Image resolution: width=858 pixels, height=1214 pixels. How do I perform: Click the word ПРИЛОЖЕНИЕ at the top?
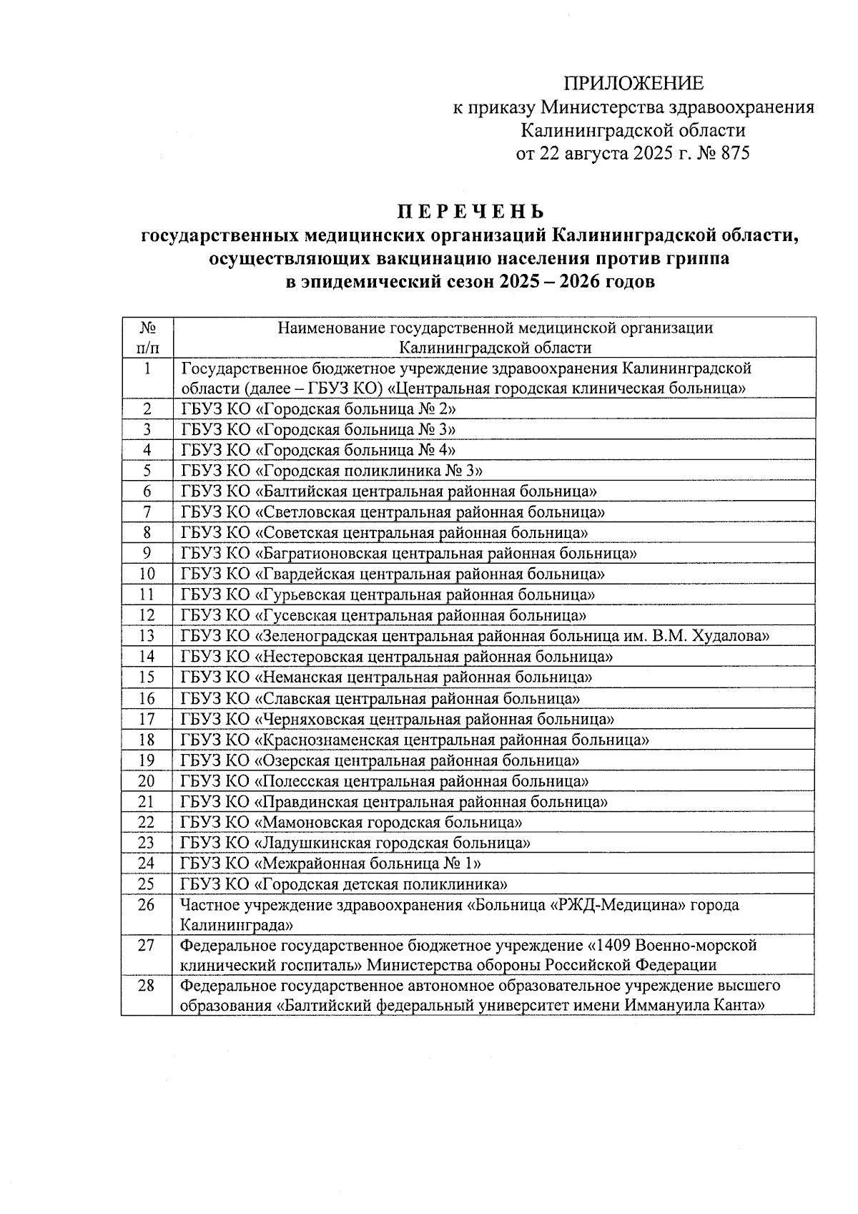[x=633, y=84]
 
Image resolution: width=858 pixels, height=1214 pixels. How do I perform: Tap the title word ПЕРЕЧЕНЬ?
[x=470, y=212]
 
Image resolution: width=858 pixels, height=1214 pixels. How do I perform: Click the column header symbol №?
[x=147, y=328]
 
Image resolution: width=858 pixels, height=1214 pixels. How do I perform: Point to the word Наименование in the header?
[x=332, y=328]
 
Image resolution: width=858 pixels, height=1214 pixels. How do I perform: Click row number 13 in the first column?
[x=147, y=636]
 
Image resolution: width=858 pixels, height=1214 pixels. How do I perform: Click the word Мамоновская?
[x=309, y=823]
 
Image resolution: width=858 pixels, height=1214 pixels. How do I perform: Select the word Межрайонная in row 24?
[x=309, y=863]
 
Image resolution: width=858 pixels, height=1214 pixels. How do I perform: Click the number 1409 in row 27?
[x=613, y=946]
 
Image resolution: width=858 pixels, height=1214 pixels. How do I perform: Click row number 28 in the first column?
[x=147, y=986]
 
